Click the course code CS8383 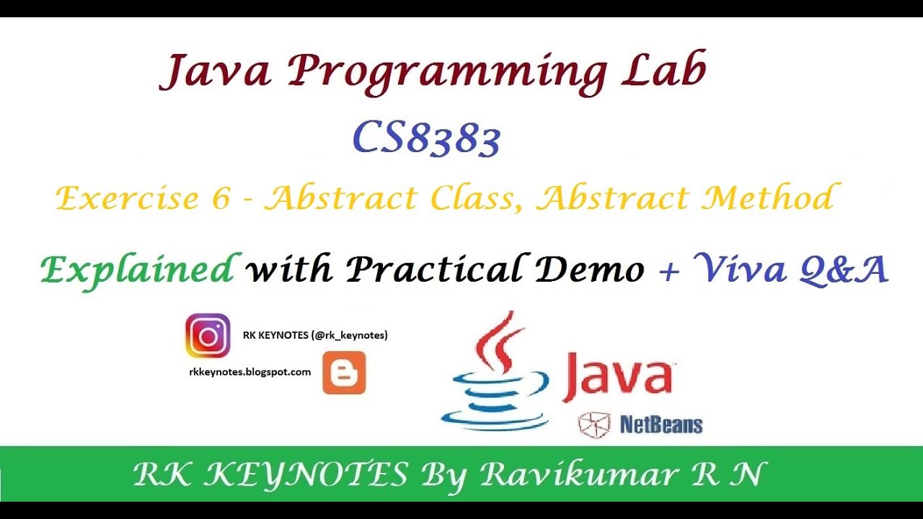click(x=426, y=138)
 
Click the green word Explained click(x=137, y=270)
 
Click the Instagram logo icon click(x=208, y=336)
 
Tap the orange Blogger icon click(x=344, y=373)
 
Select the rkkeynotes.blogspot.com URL click(x=249, y=372)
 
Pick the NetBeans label click(x=660, y=425)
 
